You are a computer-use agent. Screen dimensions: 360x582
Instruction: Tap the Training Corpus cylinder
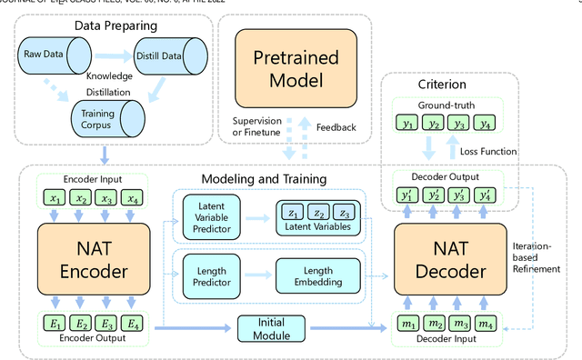click(106, 117)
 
